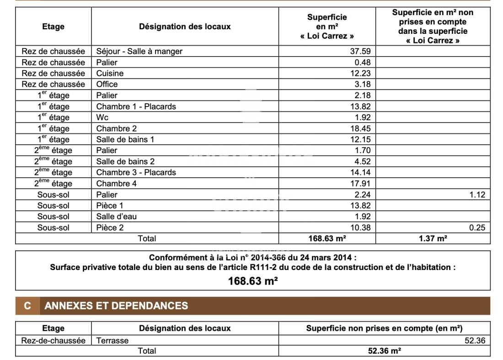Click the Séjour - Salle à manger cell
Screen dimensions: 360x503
point(139,51)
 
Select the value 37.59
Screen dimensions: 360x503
point(360,51)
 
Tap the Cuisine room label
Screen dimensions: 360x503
point(110,73)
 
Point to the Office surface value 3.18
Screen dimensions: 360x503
point(362,84)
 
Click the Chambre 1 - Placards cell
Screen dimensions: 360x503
point(136,106)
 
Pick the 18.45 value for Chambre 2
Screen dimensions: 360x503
point(360,128)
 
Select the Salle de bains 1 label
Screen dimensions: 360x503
point(125,139)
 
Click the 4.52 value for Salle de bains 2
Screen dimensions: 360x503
point(362,161)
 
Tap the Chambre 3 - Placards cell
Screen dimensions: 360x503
point(136,172)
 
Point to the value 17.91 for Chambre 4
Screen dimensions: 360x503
point(360,183)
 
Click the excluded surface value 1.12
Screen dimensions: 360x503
point(477,195)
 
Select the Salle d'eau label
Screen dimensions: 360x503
point(116,217)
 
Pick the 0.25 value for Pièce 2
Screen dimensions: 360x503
point(477,228)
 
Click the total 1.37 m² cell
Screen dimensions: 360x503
point(433,238)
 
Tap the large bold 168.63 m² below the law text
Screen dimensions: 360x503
point(253,281)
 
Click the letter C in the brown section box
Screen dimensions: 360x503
point(27,306)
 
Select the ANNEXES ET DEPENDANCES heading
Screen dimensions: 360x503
point(116,306)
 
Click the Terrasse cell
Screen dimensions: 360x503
point(112,340)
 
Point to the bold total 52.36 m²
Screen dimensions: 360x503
point(384,351)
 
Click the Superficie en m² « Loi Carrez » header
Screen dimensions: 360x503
point(327,26)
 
